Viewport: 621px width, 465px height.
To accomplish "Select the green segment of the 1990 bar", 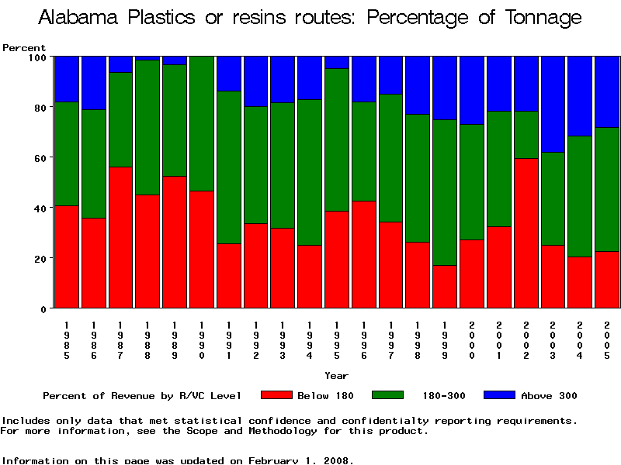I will coord(202,123).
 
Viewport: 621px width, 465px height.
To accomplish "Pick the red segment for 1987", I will coord(120,237).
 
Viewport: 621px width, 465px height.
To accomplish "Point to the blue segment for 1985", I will coord(67,79).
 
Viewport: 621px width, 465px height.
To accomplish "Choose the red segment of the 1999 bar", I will coord(445,286).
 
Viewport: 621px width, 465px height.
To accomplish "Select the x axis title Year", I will coord(336,376).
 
